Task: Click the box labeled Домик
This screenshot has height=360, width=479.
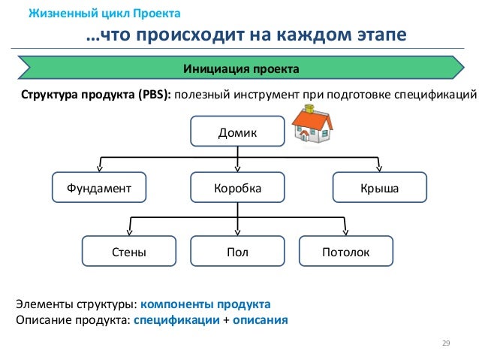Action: pos(237,132)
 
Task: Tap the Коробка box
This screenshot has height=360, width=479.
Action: pos(237,189)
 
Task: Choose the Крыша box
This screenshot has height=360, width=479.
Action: pos(379,189)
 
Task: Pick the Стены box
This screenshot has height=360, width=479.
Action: pos(129,252)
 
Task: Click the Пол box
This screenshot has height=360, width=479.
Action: pos(237,252)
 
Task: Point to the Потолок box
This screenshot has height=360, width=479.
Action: pos(345,252)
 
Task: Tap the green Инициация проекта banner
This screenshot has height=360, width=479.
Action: pos(241,69)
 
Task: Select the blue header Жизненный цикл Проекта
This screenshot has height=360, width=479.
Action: pos(104,14)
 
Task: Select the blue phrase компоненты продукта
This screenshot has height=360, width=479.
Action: pos(205,304)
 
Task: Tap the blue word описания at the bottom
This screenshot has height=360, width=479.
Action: pos(260,319)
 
